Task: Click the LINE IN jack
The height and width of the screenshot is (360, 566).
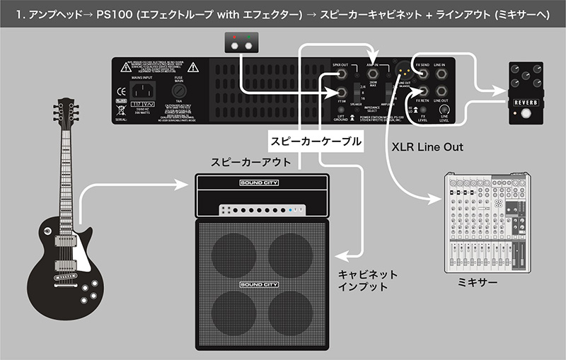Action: [x=441, y=73]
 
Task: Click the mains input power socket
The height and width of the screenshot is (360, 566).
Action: [x=145, y=91]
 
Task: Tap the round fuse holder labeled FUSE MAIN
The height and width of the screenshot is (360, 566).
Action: [x=179, y=92]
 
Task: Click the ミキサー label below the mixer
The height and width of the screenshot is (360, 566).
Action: [x=479, y=282]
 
